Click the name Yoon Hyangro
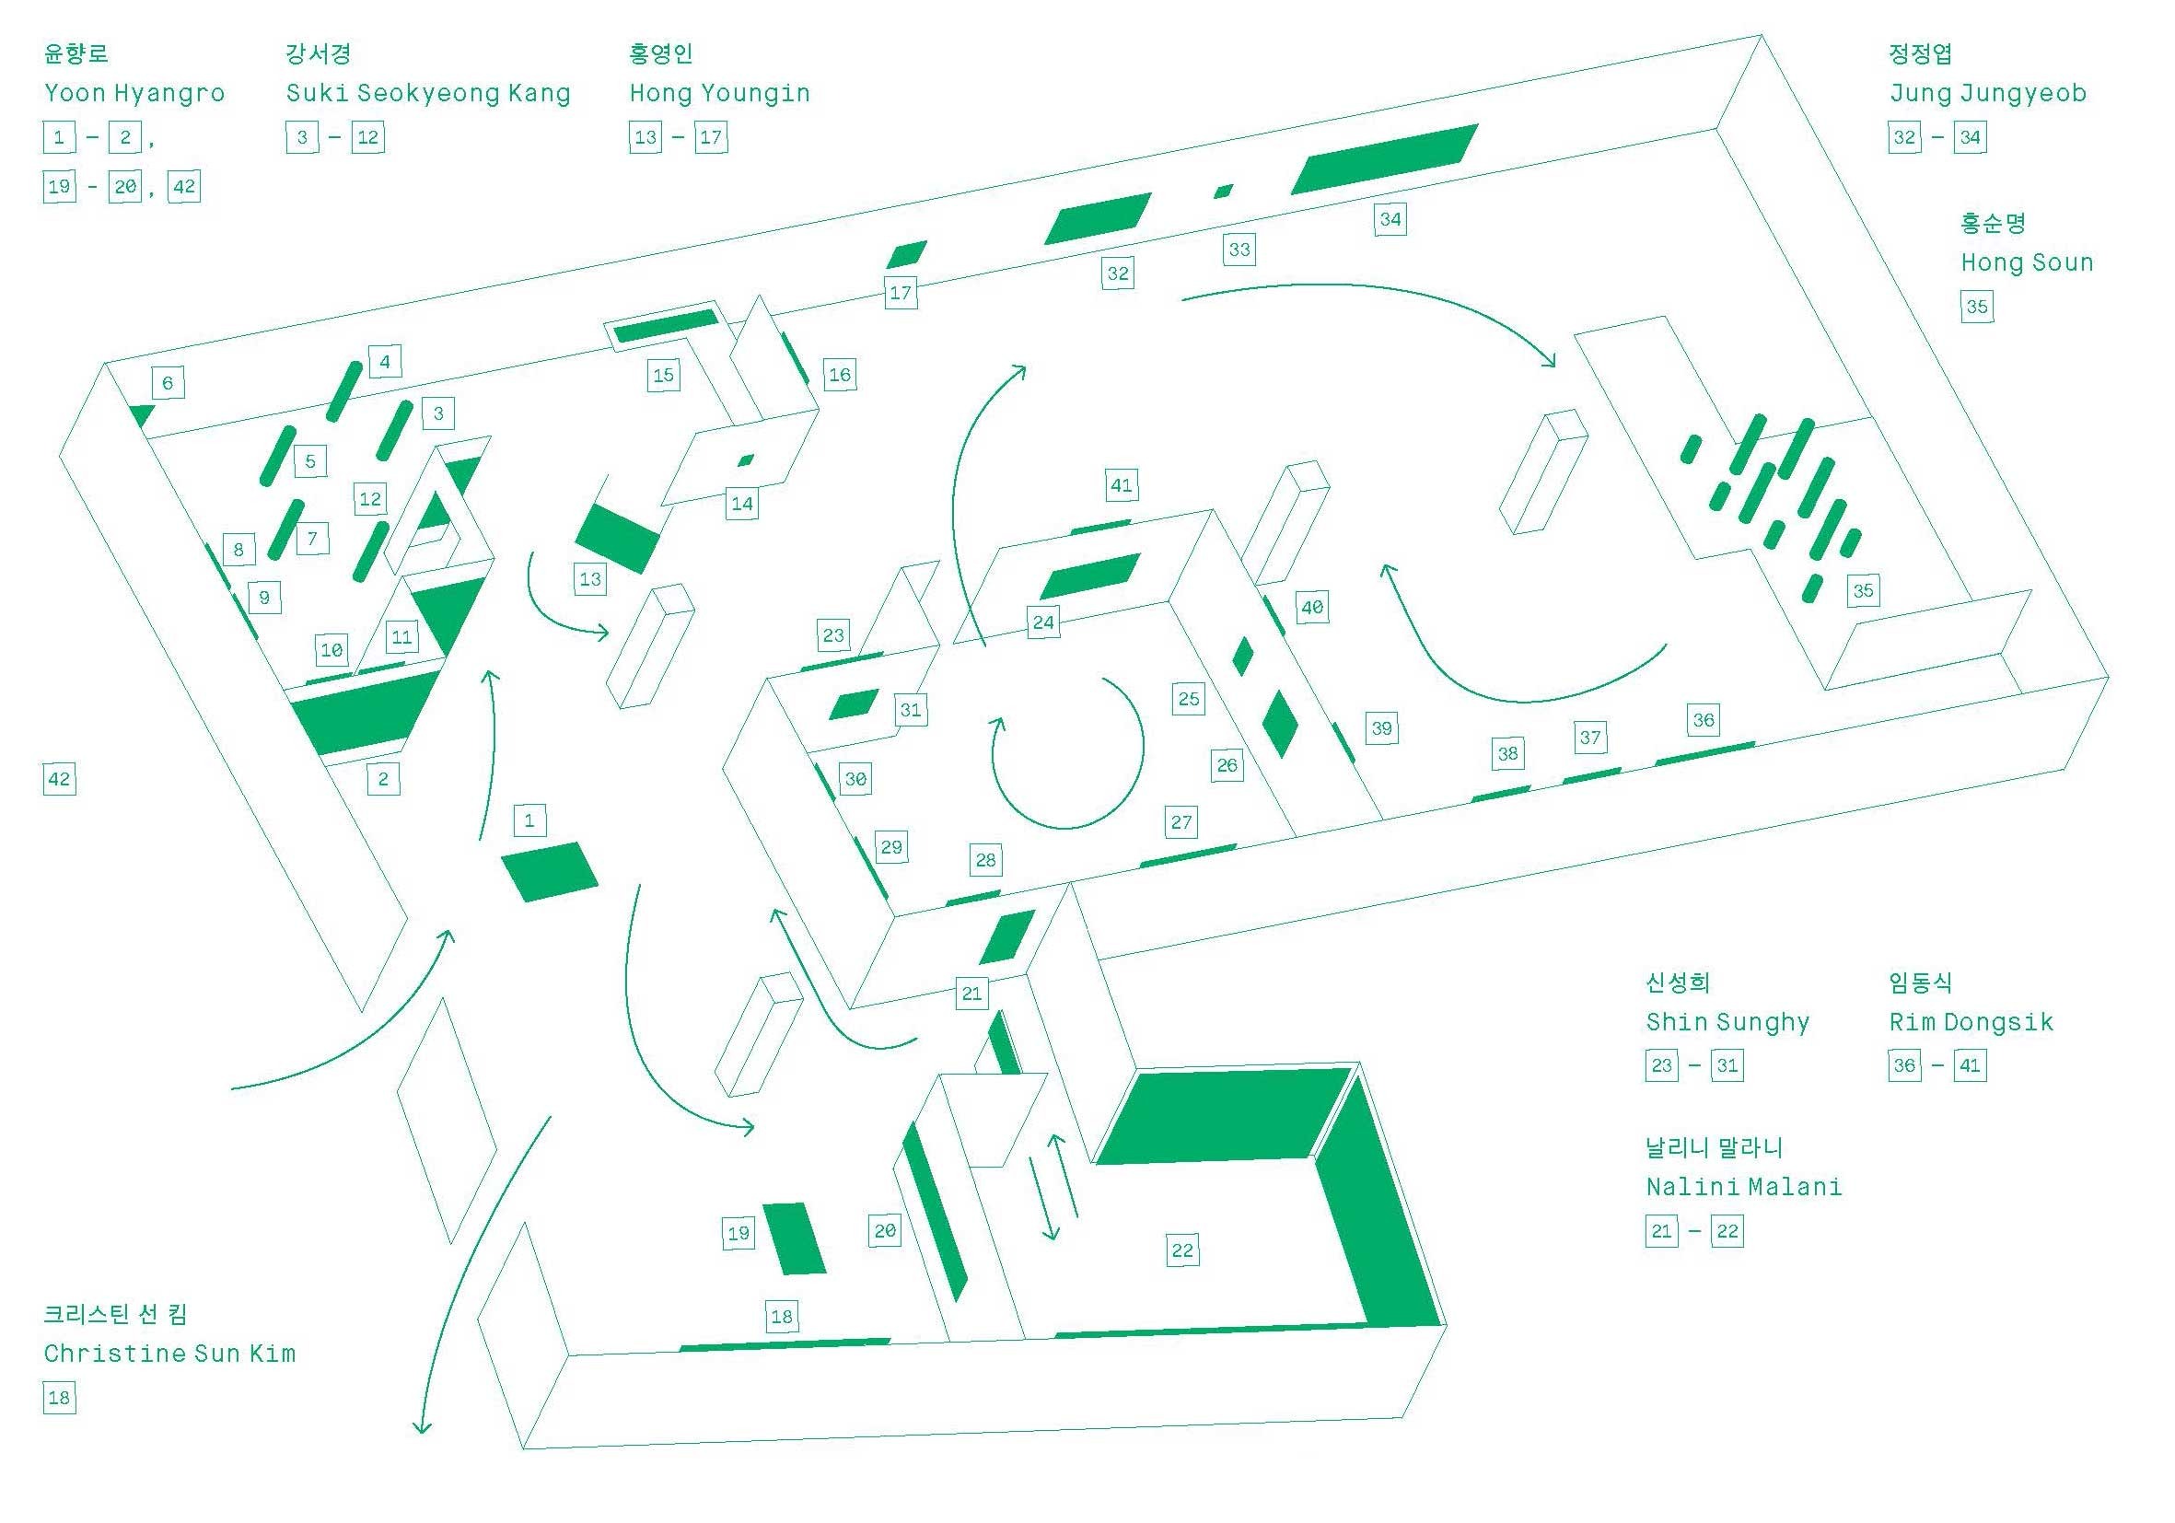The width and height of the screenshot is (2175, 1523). pyautogui.click(x=134, y=93)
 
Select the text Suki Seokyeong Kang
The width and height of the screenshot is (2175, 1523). pyautogui.click(x=428, y=93)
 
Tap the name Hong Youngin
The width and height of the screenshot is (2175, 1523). pyautogui.click(x=720, y=93)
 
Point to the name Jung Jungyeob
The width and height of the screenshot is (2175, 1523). pyautogui.click(x=1987, y=93)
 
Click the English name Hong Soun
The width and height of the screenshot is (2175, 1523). pyautogui.click(x=2026, y=262)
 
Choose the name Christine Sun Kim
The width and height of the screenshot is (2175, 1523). pyautogui.click(x=169, y=1353)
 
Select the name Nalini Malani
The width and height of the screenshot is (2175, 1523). pyautogui.click(x=1744, y=1187)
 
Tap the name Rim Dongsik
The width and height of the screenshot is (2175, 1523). pyautogui.click(x=1971, y=1022)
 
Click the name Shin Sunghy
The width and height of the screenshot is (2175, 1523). pyautogui.click(x=1727, y=1022)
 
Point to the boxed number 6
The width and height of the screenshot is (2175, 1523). pyautogui.click(x=168, y=383)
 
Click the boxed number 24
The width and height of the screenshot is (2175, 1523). pyautogui.click(x=1043, y=622)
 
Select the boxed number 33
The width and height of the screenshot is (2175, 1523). pyautogui.click(x=1239, y=250)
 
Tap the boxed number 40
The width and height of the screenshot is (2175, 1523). pyautogui.click(x=1312, y=607)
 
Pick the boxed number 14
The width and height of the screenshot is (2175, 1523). pyautogui.click(x=742, y=504)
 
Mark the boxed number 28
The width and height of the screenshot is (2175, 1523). pyautogui.click(x=986, y=860)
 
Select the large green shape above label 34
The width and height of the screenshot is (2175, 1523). pyautogui.click(x=1383, y=159)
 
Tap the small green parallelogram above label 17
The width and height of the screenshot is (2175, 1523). pyautogui.click(x=907, y=254)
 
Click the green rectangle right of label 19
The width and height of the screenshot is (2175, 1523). pyautogui.click(x=795, y=1238)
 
